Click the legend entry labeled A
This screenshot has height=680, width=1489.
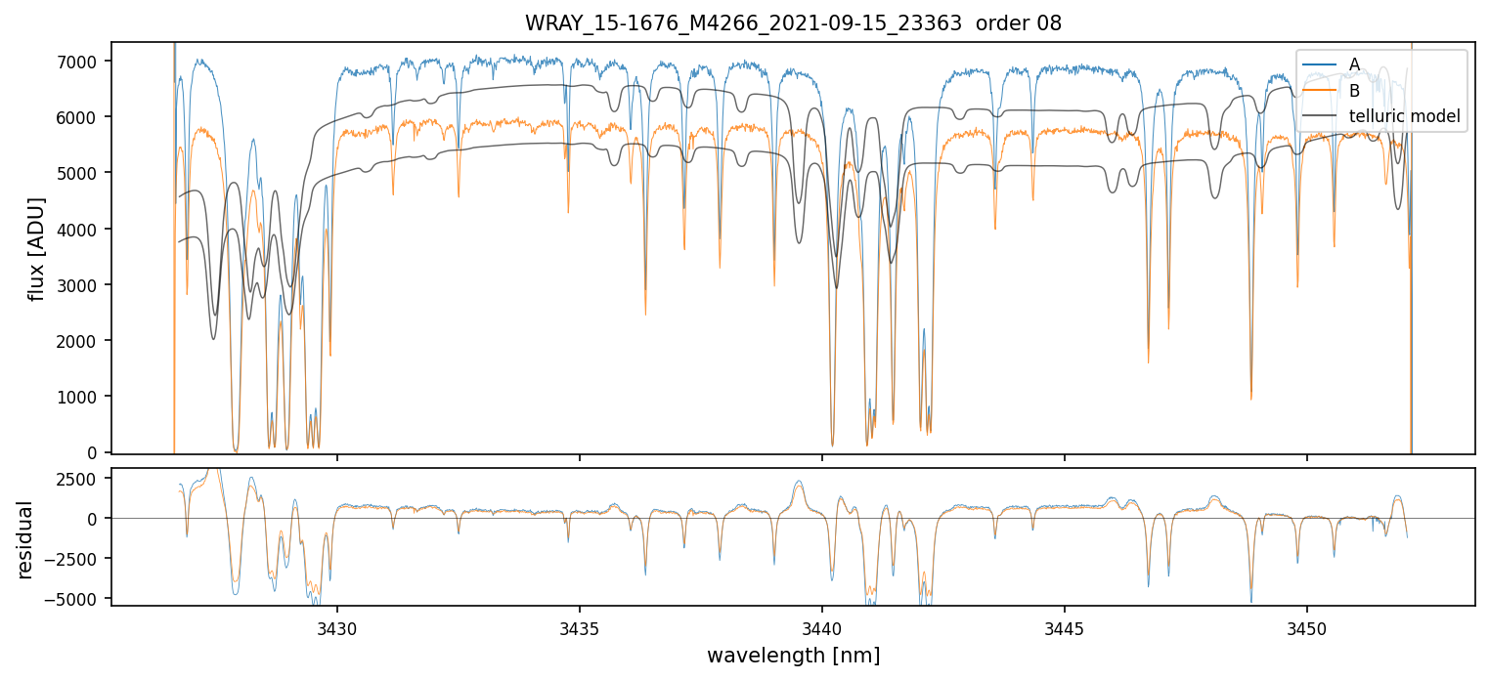1354,64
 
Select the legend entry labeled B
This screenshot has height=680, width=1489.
1354,91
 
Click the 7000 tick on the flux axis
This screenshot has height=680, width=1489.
79,62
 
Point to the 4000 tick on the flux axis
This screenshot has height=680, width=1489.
79,230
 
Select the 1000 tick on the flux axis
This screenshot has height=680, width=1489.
79,397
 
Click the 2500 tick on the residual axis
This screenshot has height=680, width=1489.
79,479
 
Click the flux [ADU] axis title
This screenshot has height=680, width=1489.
37,248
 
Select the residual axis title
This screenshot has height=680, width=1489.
25,539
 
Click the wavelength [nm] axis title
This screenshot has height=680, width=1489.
793,655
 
